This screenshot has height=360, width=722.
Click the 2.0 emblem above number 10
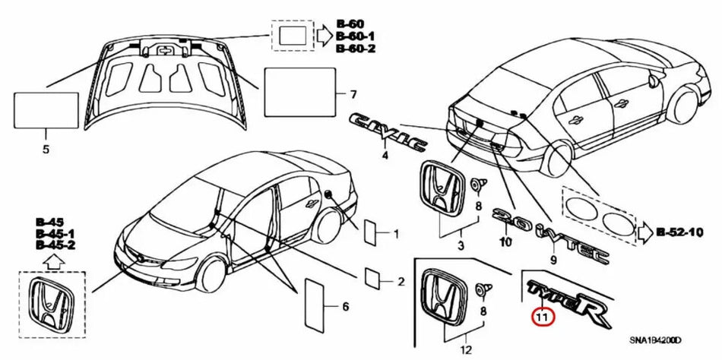click(x=507, y=217)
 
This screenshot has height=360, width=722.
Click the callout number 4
click(x=385, y=155)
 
